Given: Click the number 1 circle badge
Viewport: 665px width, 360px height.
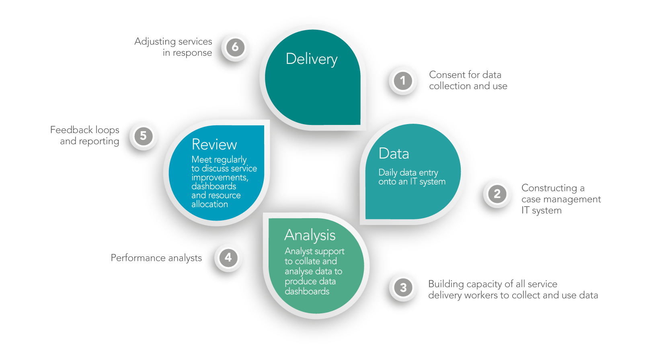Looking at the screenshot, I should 402,81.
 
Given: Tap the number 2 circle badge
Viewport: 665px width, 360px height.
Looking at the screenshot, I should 497,194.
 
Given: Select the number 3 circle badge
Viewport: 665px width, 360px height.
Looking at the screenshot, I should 403,288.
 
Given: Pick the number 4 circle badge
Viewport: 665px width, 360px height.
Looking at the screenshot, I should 228,258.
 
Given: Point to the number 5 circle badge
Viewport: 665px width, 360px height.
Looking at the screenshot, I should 143,136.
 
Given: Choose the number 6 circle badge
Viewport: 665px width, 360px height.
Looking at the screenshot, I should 235,47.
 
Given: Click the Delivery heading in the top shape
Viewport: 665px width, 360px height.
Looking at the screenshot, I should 312,59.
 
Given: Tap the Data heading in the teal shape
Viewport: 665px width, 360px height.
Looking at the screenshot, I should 394,153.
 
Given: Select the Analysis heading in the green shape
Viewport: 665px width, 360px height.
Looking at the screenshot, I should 310,235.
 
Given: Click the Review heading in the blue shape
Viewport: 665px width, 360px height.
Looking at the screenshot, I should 214,144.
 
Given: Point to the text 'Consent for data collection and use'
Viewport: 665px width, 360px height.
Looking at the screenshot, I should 468,80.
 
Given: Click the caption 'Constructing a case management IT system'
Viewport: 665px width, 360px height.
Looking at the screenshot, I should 560,199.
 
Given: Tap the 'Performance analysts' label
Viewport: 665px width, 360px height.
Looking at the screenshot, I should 156,258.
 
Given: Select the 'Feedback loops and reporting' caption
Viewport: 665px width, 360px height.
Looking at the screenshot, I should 85,135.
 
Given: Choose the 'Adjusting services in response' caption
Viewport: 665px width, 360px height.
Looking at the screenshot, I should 173,47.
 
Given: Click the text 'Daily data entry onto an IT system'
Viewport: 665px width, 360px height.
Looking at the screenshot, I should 412,177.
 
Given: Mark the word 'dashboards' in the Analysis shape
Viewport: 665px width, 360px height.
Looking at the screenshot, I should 307,291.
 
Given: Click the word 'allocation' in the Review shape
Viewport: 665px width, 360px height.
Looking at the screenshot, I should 209,204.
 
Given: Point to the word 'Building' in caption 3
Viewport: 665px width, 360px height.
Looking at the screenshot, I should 446,284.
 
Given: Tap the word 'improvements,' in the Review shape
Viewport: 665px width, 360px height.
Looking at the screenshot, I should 220,178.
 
